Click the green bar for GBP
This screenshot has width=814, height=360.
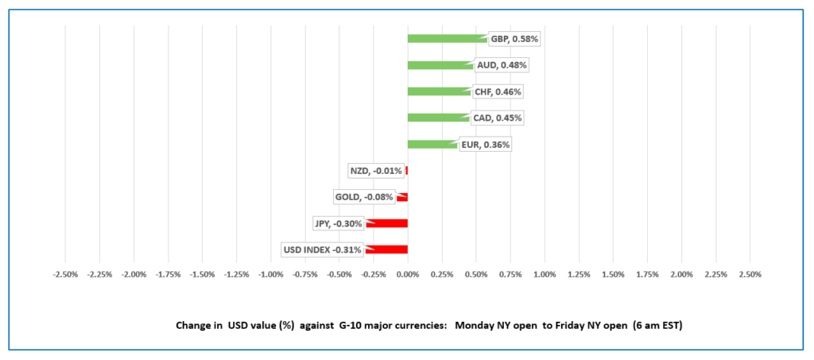coord(445,38)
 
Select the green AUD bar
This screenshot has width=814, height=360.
coord(439,65)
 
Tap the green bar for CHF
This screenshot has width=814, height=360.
coord(437,91)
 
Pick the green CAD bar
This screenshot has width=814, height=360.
coord(436,118)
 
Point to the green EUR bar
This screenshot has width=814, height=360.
coord(431,144)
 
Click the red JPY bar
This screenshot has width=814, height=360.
coord(388,223)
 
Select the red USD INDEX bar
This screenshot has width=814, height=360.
coord(387,250)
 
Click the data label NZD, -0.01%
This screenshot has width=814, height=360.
coord(376,171)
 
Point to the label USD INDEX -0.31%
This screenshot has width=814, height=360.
coord(323,250)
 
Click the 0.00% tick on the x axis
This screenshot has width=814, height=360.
coord(408,274)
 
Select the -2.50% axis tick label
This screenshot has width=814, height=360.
coord(65,274)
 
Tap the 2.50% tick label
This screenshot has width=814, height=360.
coord(750,274)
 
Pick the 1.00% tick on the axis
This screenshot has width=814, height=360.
coord(545,274)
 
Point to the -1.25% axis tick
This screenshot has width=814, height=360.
coord(237,274)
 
